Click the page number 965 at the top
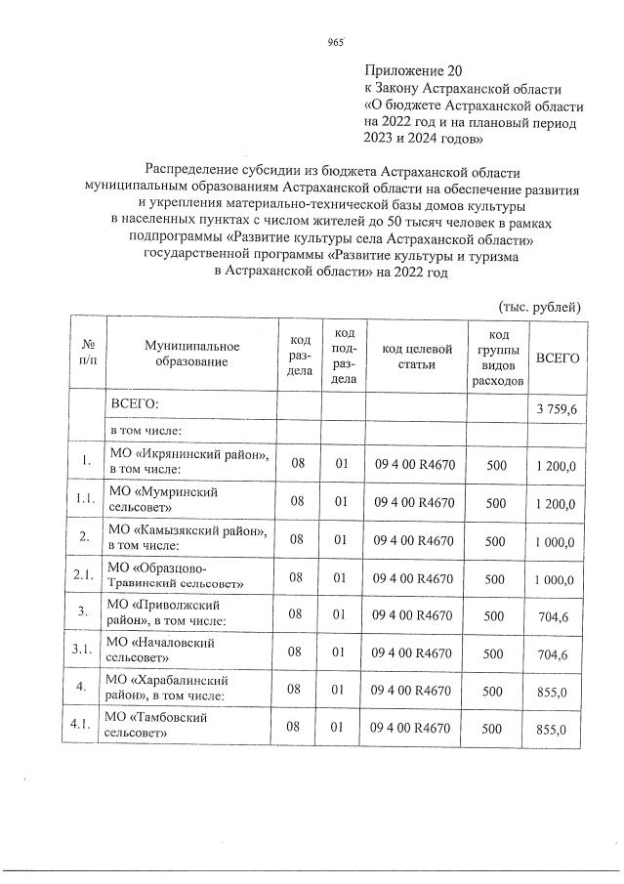pos(337,41)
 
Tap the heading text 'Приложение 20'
pos(411,70)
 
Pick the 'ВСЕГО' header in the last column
pos(558,358)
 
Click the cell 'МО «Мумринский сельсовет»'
pos(161,500)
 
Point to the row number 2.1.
pos(85,575)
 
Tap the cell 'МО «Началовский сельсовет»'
pos(161,651)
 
